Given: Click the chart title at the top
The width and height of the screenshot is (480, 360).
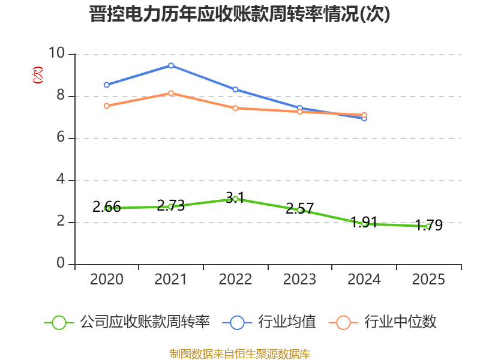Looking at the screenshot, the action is (239, 14).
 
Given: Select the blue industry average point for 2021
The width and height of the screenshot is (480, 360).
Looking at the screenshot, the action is (171, 65).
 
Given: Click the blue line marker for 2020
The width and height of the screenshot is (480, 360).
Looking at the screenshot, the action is (107, 85).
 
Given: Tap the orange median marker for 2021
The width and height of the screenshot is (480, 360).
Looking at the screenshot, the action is (171, 93).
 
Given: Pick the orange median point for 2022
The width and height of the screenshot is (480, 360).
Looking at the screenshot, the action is (235, 108).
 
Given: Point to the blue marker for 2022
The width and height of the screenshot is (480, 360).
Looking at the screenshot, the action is (235, 89).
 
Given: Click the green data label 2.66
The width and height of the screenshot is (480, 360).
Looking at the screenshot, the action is (107, 207).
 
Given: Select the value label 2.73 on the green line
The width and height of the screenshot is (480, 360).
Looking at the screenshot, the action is (171, 205).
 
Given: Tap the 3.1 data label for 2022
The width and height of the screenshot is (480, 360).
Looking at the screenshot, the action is (235, 198).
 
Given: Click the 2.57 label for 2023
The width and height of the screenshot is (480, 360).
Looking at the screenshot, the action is (299, 209).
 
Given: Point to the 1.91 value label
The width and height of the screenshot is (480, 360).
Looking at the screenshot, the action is (364, 222).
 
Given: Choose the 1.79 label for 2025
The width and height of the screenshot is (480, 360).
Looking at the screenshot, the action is (428, 226).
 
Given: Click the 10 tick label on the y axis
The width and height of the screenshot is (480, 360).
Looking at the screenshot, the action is (57, 53).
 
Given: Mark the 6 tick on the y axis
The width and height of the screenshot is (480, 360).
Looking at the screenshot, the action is (61, 137).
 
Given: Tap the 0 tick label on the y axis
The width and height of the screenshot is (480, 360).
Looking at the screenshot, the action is (61, 263).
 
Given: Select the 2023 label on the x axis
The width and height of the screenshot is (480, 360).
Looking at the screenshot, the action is (299, 280).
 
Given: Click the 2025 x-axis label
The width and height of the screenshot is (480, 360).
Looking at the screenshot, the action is (428, 280).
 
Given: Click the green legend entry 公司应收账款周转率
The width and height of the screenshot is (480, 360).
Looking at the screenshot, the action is (127, 322).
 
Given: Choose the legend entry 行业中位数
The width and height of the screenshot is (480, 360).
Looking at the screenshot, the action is (383, 322).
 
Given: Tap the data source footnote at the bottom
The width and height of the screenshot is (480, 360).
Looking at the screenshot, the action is (240, 354).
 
